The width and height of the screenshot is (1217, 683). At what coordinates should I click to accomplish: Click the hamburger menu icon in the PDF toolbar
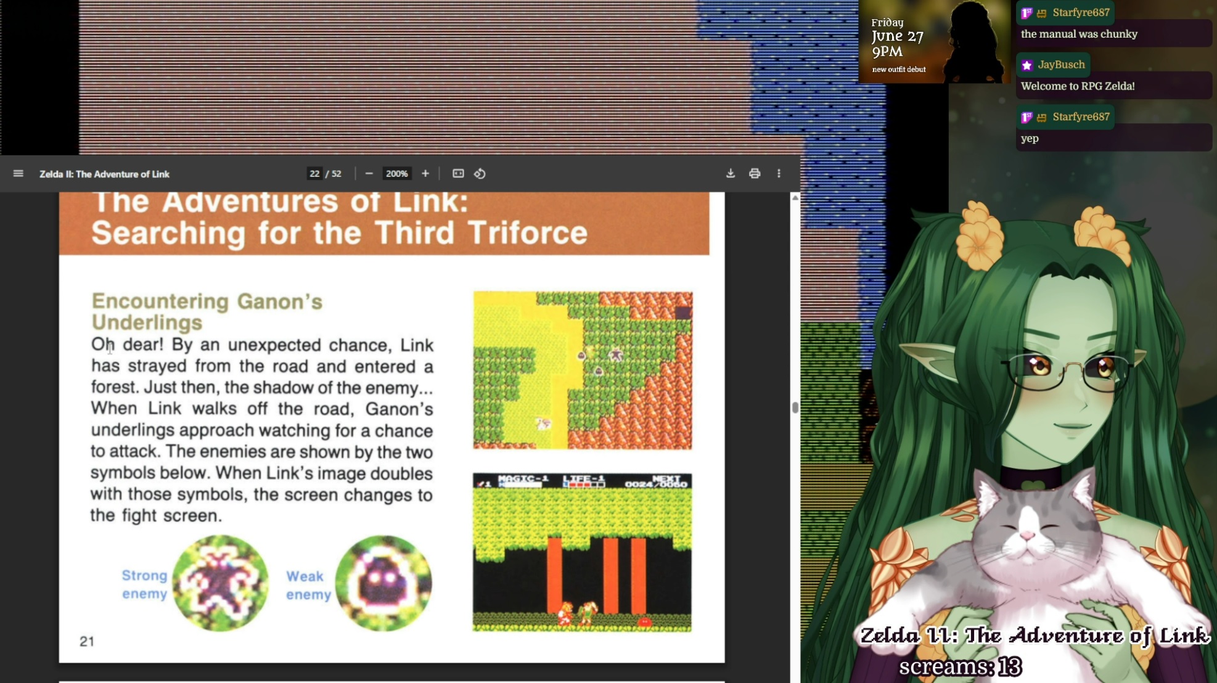click(18, 174)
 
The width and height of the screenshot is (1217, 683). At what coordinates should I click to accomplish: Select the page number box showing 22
click(314, 174)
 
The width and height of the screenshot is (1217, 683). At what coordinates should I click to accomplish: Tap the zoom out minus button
click(369, 174)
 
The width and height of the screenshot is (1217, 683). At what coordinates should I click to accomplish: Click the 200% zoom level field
click(396, 174)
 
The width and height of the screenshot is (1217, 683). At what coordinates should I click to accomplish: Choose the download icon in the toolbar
click(731, 174)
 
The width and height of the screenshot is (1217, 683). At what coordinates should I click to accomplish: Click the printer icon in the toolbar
click(755, 174)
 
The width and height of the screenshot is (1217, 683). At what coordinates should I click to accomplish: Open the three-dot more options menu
click(779, 174)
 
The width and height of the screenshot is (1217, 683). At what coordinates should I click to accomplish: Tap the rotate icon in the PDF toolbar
click(480, 174)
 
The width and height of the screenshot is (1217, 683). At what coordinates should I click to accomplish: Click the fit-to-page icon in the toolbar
click(458, 174)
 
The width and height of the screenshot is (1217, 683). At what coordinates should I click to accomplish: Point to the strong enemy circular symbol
click(220, 583)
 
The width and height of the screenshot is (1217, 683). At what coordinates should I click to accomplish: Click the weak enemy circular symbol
click(383, 583)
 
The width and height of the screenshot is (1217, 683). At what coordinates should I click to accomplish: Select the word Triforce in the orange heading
click(527, 233)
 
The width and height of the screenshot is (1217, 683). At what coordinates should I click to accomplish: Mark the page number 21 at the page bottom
click(87, 642)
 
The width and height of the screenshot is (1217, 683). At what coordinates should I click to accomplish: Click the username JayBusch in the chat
click(1061, 65)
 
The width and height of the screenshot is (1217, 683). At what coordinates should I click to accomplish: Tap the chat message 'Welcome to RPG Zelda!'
click(1078, 86)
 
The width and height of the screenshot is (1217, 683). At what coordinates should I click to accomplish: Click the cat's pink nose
click(1027, 536)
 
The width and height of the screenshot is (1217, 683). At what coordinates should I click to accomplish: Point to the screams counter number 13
click(1010, 667)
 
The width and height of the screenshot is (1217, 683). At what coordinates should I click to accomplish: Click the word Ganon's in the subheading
click(280, 301)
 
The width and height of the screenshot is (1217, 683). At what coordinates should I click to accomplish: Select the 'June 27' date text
click(898, 36)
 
